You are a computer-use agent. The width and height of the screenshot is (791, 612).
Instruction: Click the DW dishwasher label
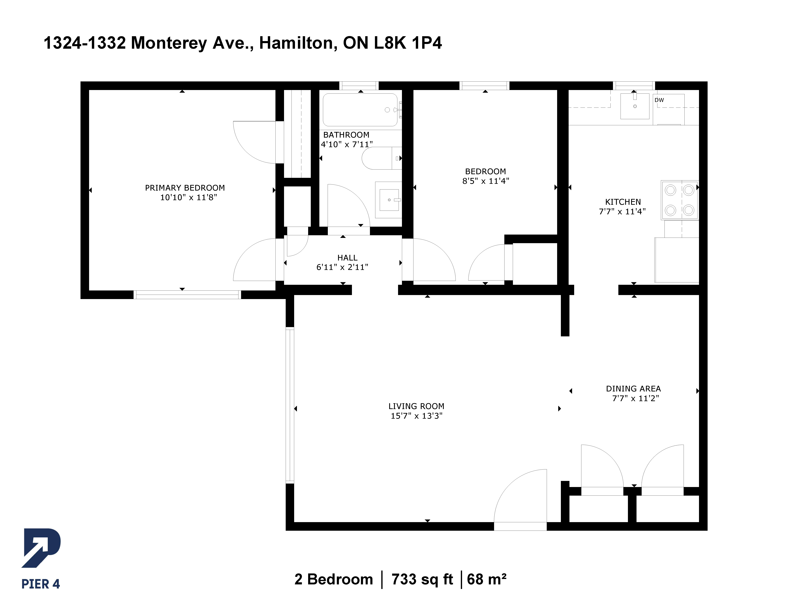(x=659, y=100)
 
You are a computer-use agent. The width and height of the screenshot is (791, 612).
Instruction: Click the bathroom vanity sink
(x=389, y=200)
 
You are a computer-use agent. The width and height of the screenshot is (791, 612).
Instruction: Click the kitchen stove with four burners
(x=679, y=200)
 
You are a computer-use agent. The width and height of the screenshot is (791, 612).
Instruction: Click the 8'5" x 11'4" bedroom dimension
(x=486, y=181)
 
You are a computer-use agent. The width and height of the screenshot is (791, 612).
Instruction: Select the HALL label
(x=347, y=258)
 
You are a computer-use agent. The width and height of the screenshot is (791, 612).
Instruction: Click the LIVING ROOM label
(x=416, y=406)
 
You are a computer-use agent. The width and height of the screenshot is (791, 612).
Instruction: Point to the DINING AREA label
(x=633, y=389)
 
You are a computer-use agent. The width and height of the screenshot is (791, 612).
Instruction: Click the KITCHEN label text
(x=623, y=202)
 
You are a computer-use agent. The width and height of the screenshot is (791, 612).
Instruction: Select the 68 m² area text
(x=486, y=579)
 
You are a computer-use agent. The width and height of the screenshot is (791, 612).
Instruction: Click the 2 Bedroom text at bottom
(x=334, y=579)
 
